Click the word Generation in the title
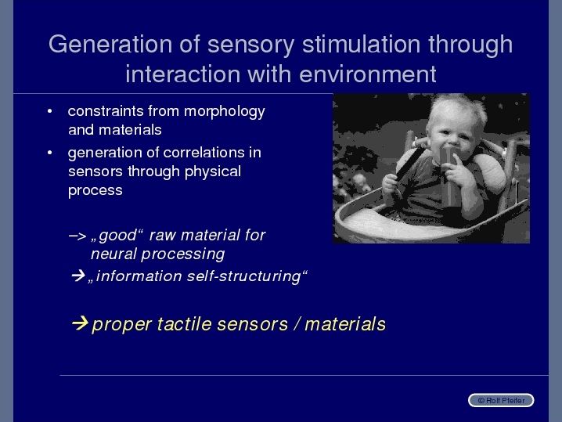click(x=110, y=44)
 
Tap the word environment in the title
click(x=367, y=74)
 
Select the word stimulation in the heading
click(x=362, y=44)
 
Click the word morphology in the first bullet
click(x=225, y=112)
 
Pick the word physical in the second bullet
click(x=213, y=172)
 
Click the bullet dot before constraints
click(x=50, y=111)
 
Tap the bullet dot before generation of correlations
click(x=50, y=153)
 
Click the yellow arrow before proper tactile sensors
click(x=80, y=323)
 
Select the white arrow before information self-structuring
click(x=78, y=276)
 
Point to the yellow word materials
click(x=345, y=324)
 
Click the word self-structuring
click(x=243, y=276)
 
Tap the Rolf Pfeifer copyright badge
click(x=501, y=400)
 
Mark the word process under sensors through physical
click(x=95, y=191)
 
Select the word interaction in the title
click(x=183, y=74)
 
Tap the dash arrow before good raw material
click(x=77, y=236)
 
